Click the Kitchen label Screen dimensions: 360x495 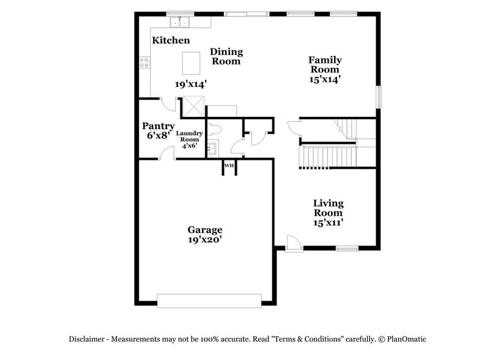coord(171,40)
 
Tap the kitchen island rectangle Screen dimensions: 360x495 coord(192,62)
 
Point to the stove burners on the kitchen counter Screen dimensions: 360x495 coord(146,62)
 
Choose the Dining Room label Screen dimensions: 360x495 coord(226,56)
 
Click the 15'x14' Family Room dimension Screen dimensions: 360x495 coord(324,79)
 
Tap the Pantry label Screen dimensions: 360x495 coord(158,126)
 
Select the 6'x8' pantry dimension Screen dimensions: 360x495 coord(157,135)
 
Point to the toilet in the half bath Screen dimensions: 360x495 coord(214,129)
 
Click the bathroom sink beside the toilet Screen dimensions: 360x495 coord(212,148)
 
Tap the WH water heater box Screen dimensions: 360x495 coord(229,166)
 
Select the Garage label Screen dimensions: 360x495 coord(204,230)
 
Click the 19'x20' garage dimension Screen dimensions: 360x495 coord(204,240)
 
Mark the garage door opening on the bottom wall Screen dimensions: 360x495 coord(209,299)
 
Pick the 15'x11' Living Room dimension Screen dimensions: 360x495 coord(328,222)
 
